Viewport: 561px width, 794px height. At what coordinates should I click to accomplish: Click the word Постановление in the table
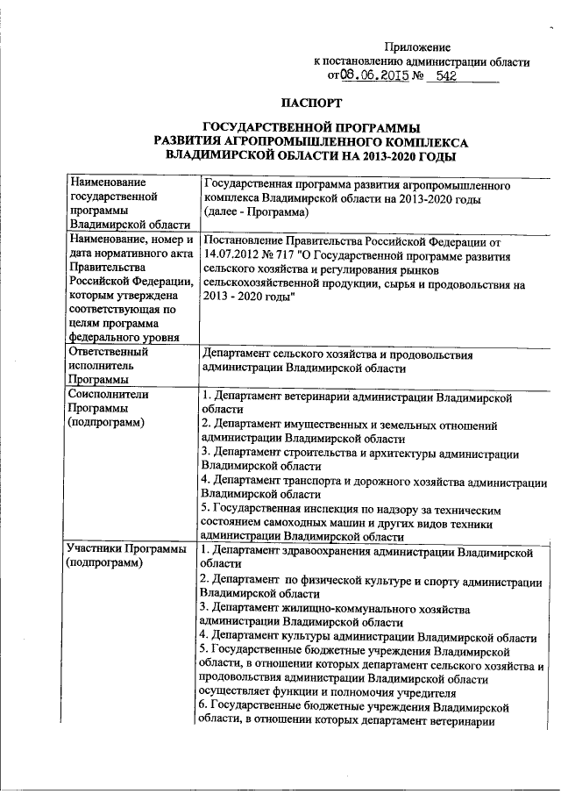244,240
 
